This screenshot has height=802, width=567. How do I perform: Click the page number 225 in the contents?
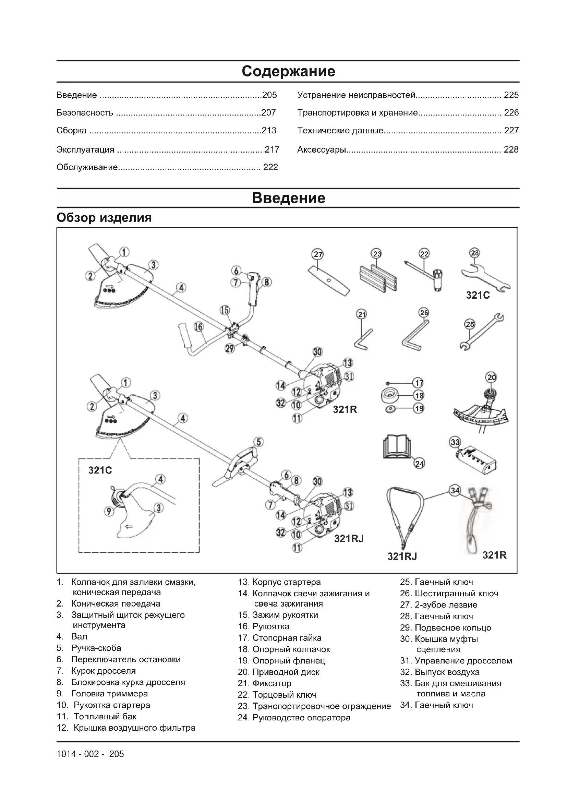pos(511,95)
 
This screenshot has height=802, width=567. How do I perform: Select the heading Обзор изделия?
pos(104,218)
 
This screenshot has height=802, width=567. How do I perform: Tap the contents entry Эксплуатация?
pos(86,149)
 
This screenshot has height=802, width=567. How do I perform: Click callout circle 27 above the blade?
pos(318,254)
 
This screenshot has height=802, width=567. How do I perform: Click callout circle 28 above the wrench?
pos(475,253)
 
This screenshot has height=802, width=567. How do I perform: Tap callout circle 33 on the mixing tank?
pos(455,442)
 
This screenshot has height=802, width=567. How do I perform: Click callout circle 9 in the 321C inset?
pos(109,511)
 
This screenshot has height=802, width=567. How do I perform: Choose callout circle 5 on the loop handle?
pos(258,442)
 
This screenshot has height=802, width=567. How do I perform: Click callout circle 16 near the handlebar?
pos(198,327)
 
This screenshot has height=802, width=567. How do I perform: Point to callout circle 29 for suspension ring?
pos(230,348)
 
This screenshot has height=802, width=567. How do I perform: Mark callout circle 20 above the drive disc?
pos(492,377)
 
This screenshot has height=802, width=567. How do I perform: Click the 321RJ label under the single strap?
pos(402,556)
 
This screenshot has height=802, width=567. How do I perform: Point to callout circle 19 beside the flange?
pos(419,408)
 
